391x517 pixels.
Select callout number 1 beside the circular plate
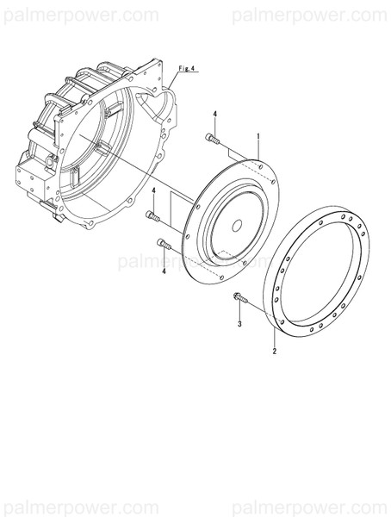(x=258, y=137)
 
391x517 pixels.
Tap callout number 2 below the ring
(x=274, y=352)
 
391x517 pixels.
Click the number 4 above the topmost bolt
(x=214, y=115)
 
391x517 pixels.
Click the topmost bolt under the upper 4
(x=213, y=138)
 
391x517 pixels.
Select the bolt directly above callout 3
(x=239, y=298)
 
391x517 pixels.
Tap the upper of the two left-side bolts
(x=153, y=214)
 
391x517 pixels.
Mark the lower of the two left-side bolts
(x=164, y=246)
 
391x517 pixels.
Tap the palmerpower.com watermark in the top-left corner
(x=80, y=15)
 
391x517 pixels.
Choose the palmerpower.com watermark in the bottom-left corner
(x=80, y=502)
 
